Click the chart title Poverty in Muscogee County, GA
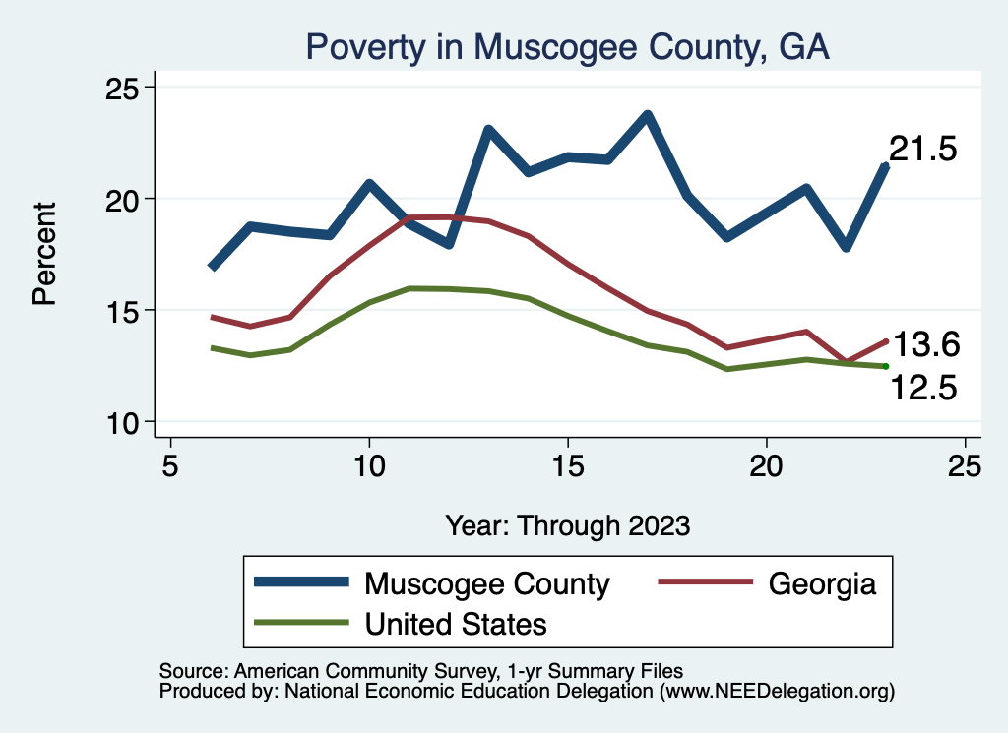568,46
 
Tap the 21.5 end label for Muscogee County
923,149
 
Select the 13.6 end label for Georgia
925,344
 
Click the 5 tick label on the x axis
170,464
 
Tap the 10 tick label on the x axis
369,464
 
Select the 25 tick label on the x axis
965,464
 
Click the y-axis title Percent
44,254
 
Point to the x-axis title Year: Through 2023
567,524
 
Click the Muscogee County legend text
487,583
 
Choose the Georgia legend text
822,583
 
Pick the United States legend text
456,623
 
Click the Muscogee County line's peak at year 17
647,115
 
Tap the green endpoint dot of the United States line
886,366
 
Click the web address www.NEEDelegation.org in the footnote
777,692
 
